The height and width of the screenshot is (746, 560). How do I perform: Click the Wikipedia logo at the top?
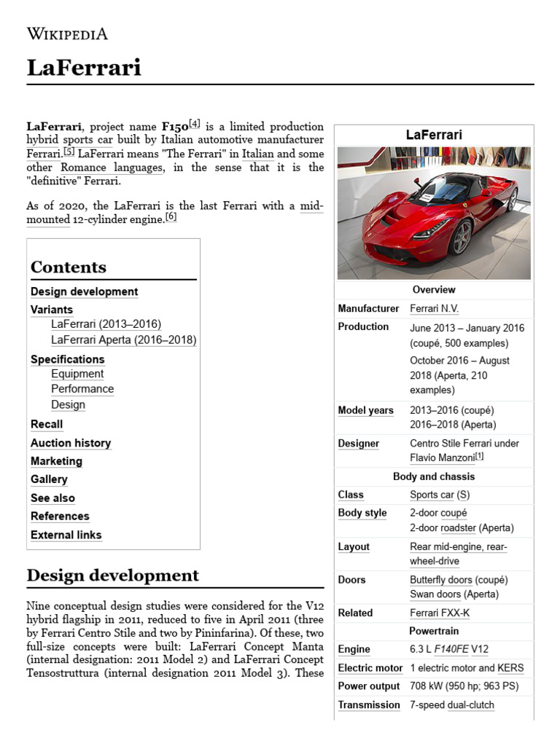[67, 34]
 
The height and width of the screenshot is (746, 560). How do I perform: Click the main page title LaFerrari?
[84, 68]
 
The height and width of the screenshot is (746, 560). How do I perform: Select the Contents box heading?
[69, 267]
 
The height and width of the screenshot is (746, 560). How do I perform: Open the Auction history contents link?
[71, 443]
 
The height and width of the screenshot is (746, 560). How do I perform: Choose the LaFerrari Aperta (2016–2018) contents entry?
[124, 339]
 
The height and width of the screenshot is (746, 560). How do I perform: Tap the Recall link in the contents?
[47, 424]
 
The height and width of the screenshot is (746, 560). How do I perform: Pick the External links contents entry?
[66, 535]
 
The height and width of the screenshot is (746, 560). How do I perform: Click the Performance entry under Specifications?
[82, 389]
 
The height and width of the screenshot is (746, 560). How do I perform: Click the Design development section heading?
[112, 576]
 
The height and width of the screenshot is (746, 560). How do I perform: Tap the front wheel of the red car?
[462, 237]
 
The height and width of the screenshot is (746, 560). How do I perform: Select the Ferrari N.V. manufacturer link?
[435, 309]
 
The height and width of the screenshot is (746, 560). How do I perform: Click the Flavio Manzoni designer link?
[442, 458]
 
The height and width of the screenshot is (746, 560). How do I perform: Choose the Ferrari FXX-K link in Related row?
[440, 613]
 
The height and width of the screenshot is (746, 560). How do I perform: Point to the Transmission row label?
[369, 704]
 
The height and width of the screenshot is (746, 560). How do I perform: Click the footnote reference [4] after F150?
[195, 124]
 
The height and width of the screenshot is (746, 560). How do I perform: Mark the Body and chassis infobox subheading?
[434, 476]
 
